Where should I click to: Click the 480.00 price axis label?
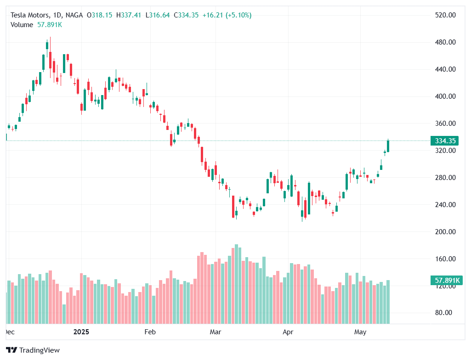coord(445,42)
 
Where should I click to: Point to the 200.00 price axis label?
coord(445,232)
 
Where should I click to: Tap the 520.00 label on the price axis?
coord(445,15)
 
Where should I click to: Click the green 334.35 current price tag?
coord(444,141)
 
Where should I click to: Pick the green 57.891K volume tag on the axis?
coord(444,280)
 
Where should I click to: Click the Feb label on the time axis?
coord(150,332)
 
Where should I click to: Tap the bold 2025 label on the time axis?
coord(81,332)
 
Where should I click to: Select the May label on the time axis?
coord(360,332)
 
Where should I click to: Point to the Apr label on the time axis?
coord(288,332)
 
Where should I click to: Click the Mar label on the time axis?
coord(216,332)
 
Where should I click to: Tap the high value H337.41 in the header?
coord(129,15)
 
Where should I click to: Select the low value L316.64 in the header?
coord(158,15)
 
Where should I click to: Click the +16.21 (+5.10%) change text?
coord(227,15)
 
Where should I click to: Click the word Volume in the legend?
coord(22,25)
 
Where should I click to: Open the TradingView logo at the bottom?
coord(34,350)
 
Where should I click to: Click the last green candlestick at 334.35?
coord(388,146)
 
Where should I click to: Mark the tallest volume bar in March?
coord(236,284)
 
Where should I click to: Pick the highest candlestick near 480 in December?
coord(47,45)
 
